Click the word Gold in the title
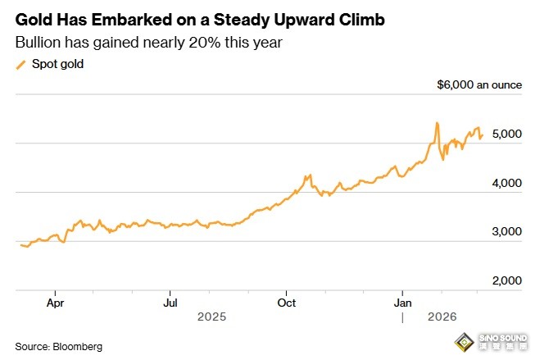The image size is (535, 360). (x=34, y=18)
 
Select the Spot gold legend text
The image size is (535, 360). (x=59, y=63)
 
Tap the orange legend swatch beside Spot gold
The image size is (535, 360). (x=20, y=63)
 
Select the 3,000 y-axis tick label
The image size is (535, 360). (x=506, y=232)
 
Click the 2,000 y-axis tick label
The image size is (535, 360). (x=506, y=281)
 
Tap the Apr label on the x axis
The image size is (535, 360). (x=55, y=302)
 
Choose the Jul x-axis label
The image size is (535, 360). (x=169, y=302)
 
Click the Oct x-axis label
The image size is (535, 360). (x=286, y=302)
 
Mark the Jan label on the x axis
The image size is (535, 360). (x=402, y=302)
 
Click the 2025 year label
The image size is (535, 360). (x=212, y=316)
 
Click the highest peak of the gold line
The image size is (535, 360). (x=437, y=123)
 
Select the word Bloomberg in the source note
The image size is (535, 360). (x=76, y=347)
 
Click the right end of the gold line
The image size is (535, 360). (x=483, y=134)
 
